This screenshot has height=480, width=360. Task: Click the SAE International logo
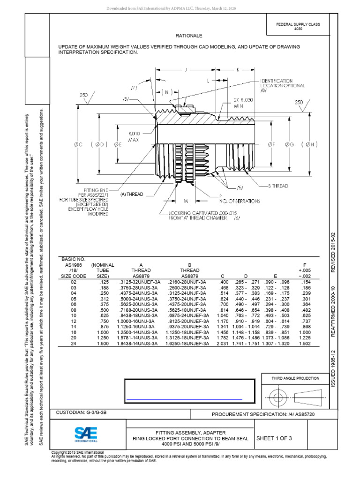coord(86,434)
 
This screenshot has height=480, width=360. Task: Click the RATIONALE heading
coord(189,35)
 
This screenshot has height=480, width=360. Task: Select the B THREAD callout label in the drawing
coord(278,186)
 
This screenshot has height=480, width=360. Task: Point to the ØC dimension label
coord(78,145)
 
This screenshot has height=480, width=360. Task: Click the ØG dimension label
coord(289,145)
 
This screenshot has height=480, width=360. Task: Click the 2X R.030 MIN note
coord(243,103)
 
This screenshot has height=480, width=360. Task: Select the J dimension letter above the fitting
coord(186,70)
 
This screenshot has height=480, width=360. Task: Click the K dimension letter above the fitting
coord(238,70)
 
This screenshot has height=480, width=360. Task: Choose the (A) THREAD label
coord(131,194)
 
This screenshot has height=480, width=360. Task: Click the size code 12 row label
coord(73,321)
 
